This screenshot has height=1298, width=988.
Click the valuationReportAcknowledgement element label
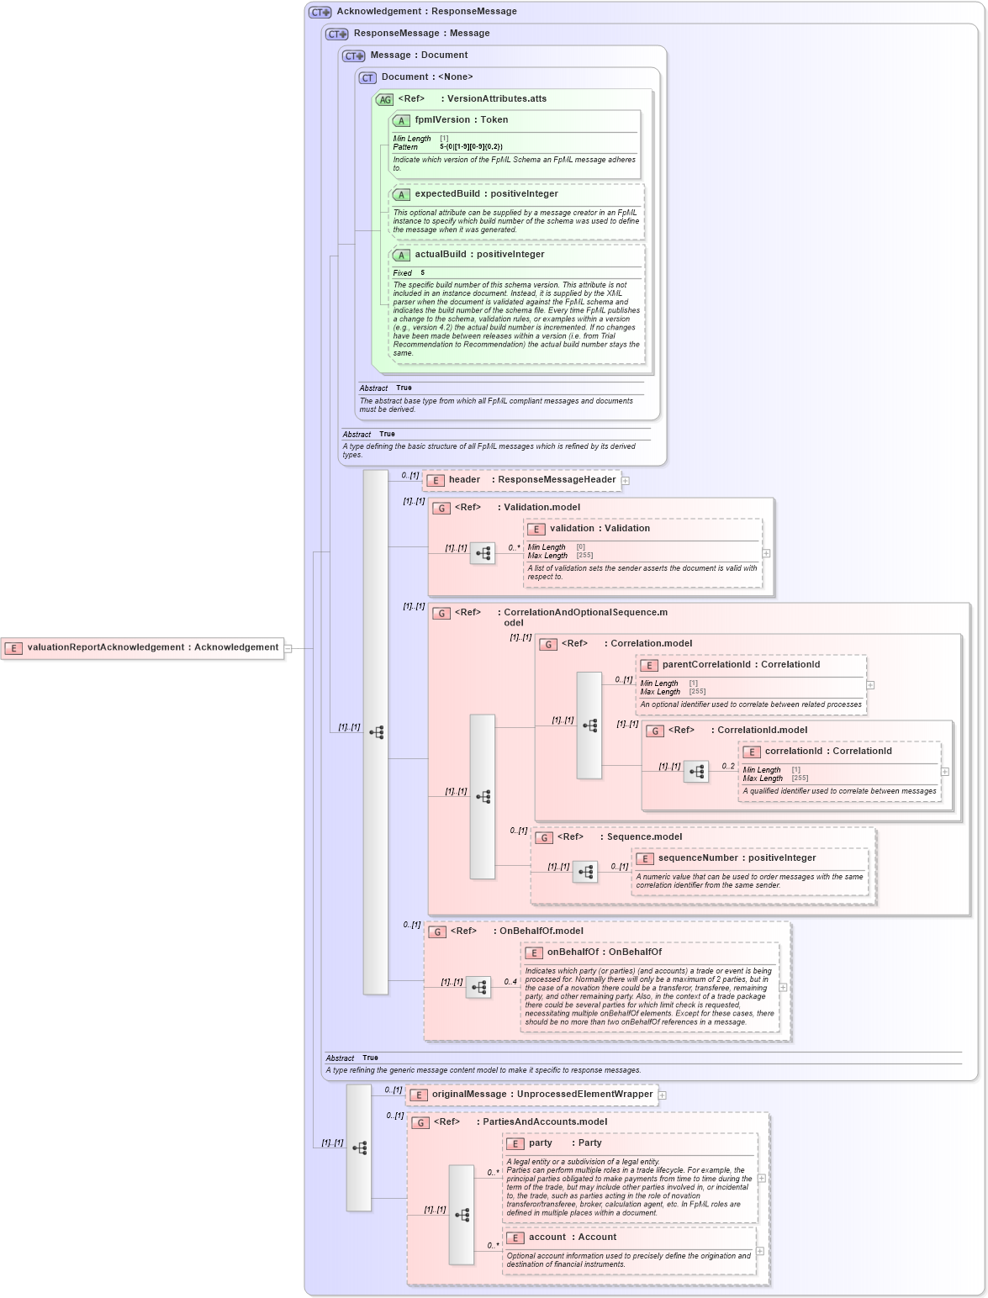152,647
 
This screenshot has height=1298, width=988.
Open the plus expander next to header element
626,481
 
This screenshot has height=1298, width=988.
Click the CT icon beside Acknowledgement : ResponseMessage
320,13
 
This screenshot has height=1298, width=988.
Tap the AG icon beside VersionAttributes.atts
384,99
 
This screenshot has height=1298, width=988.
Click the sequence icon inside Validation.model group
483,553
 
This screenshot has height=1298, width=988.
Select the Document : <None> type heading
427,77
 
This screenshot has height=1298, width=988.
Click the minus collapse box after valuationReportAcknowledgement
288,648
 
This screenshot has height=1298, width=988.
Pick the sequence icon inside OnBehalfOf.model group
478,988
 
